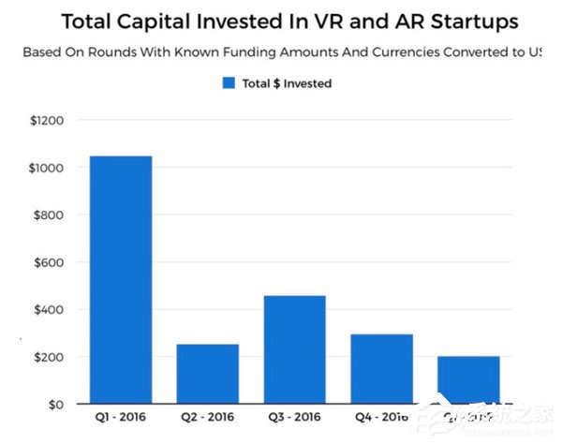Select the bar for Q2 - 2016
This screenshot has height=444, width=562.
click(207, 374)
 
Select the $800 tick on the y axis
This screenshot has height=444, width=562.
click(48, 215)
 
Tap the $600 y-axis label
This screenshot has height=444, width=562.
click(48, 262)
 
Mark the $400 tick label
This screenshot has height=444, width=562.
click(48, 310)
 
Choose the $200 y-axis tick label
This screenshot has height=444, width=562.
click(48, 357)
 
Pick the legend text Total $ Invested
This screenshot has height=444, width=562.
click(287, 83)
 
